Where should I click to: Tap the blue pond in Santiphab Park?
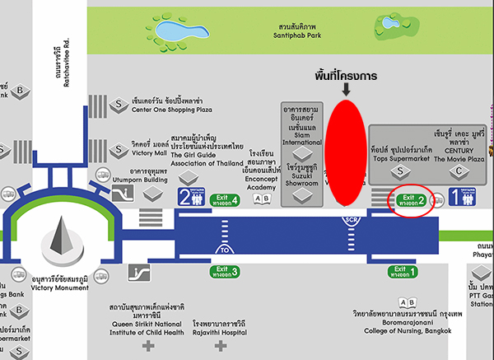pos(179,33)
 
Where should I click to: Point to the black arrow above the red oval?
pos(346,89)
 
